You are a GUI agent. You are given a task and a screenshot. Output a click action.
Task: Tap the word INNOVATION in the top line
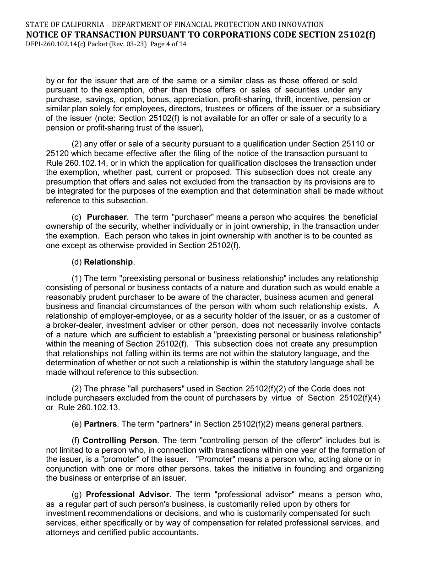point(300,24)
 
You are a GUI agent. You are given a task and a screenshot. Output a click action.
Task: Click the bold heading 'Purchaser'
point(107,217)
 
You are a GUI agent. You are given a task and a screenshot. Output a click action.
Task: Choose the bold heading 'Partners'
point(100,424)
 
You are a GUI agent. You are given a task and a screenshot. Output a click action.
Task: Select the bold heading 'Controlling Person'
point(120,440)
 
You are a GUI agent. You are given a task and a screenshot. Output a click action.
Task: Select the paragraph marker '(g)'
point(77,494)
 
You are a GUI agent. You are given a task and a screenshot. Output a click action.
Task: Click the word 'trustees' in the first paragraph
point(213,109)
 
